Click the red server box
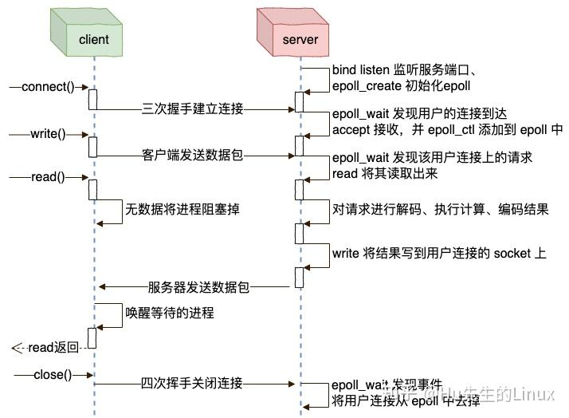[300, 38]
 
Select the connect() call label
[47, 87]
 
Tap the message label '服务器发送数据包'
[198, 287]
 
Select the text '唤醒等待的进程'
[169, 313]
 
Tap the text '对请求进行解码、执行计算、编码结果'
[440, 211]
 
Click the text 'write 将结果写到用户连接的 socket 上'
[439, 254]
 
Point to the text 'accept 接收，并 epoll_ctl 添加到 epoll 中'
[447, 129]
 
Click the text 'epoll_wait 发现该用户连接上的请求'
[432, 159]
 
